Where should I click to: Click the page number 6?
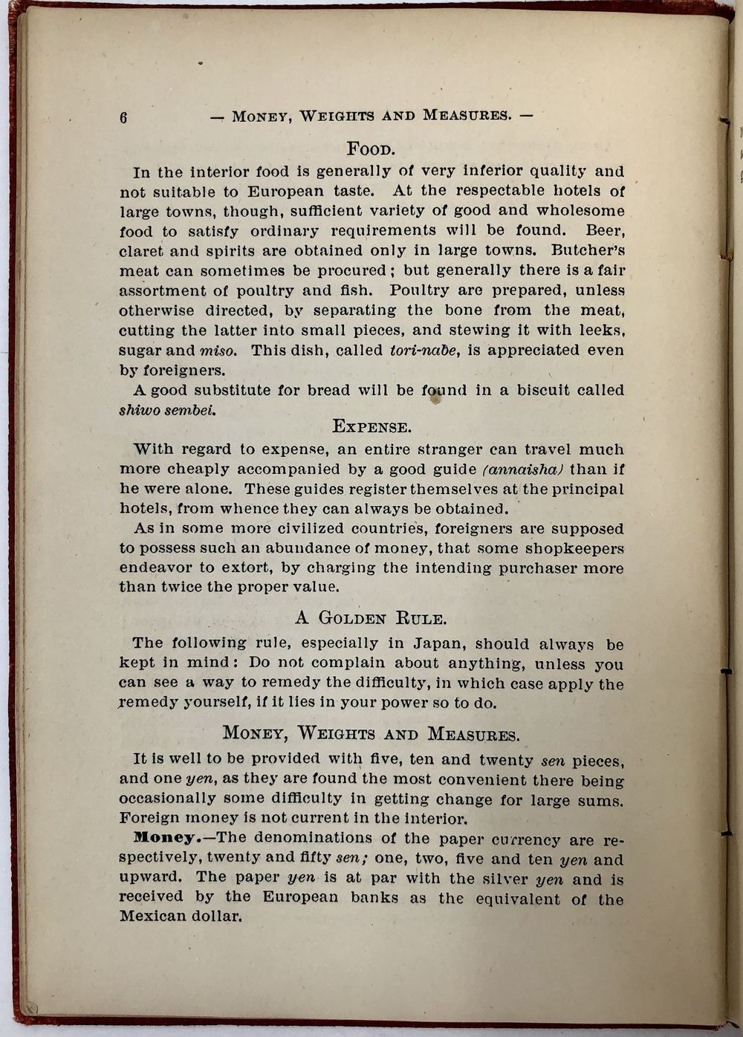[x=123, y=117]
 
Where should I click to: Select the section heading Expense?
[x=371, y=427]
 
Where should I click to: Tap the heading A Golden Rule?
[x=371, y=618]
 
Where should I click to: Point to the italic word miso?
[x=218, y=351]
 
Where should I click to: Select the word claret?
[x=140, y=251]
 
